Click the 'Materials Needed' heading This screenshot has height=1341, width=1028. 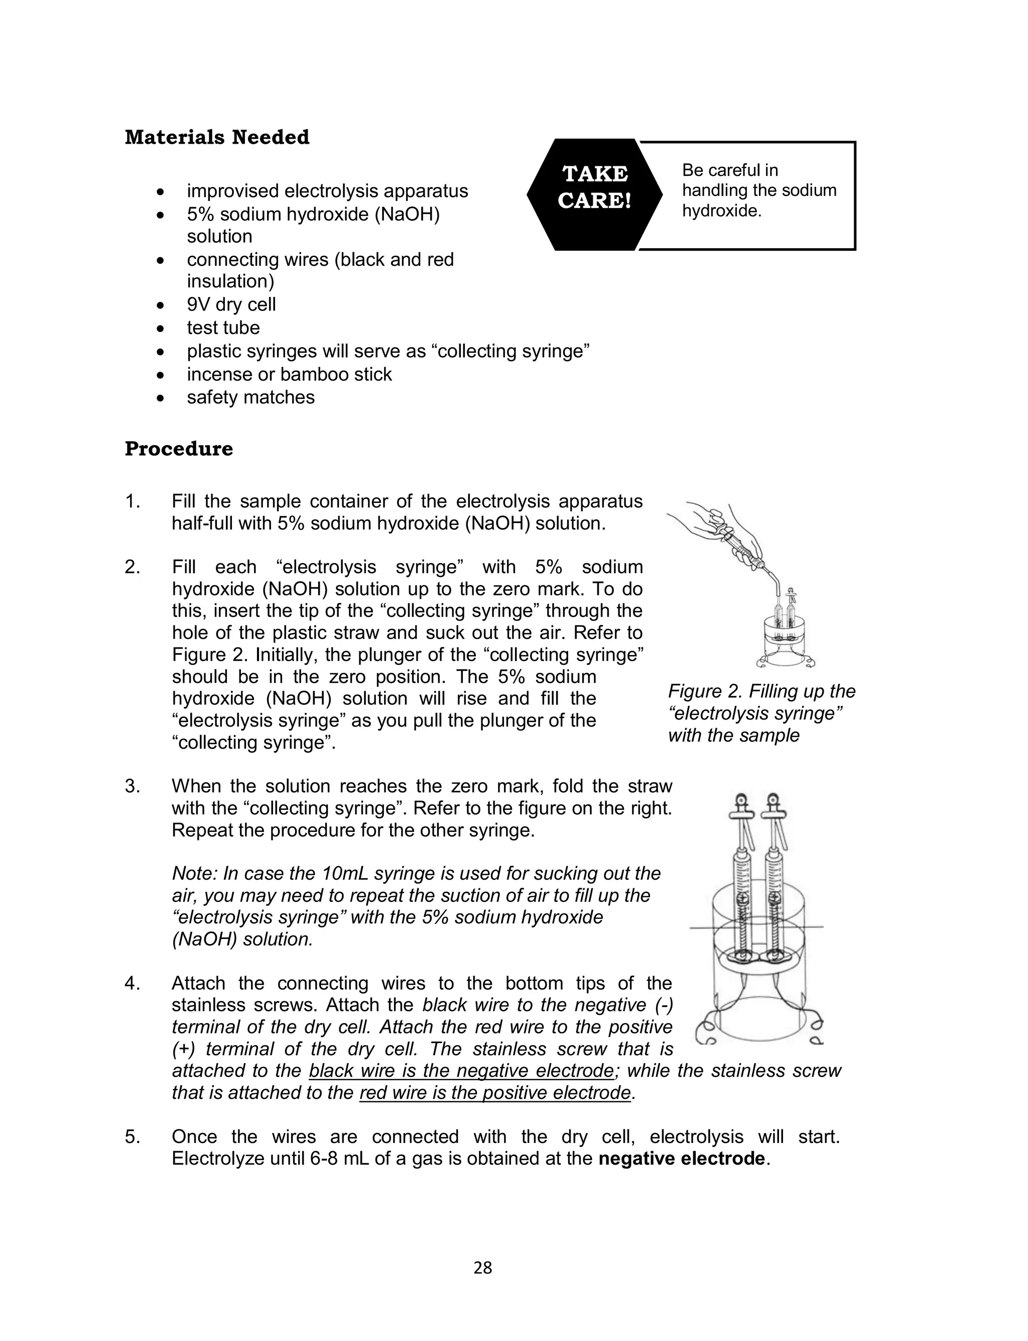coord(217,137)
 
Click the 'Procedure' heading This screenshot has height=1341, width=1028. coord(179,449)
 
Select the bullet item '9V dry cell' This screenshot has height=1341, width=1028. coord(231,304)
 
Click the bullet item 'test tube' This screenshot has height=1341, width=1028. coord(223,328)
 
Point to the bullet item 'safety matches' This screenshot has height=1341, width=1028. coord(251,397)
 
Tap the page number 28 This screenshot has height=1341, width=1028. coord(483,1268)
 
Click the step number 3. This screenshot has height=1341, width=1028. coord(132,786)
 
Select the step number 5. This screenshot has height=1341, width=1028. coord(132,1137)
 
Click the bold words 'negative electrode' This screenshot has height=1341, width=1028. coord(681,1159)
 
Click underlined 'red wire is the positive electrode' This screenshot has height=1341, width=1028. coord(494,1093)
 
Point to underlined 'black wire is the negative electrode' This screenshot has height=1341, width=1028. coord(461,1071)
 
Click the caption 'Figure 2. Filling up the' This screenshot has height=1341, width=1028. coord(761,691)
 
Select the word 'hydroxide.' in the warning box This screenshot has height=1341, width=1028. coord(721,211)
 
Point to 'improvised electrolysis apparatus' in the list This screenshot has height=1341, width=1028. coord(327,191)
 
